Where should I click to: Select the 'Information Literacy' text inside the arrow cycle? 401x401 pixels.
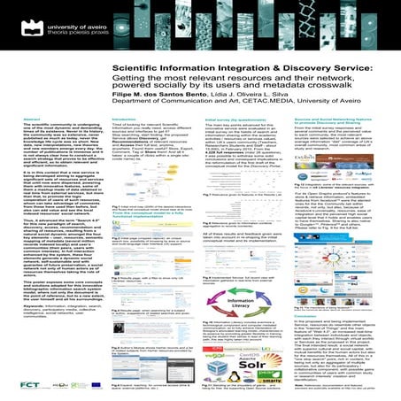250,285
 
